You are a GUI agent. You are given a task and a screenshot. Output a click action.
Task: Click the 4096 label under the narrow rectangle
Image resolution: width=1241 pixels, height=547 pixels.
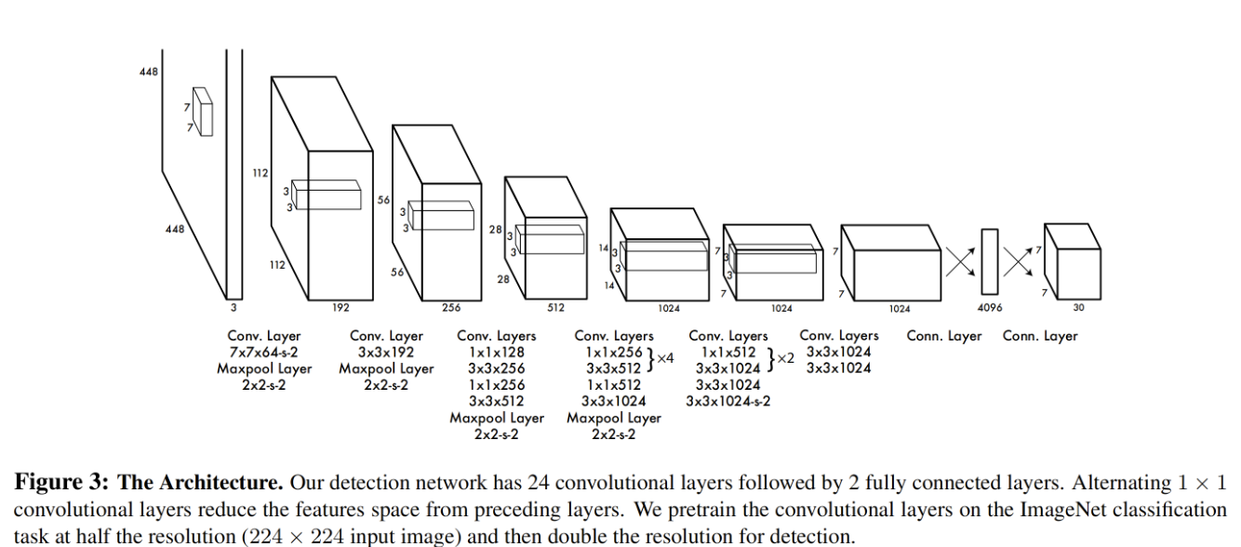(x=989, y=308)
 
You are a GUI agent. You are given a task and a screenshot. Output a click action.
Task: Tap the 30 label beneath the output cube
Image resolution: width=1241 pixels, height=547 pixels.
(x=1078, y=308)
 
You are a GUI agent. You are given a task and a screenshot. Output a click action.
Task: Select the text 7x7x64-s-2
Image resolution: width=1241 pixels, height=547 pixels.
(x=264, y=353)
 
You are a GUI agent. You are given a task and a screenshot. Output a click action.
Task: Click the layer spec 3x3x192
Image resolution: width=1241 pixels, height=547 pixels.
(x=386, y=353)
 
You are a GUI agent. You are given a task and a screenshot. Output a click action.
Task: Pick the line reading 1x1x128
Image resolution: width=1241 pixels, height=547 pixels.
(x=497, y=353)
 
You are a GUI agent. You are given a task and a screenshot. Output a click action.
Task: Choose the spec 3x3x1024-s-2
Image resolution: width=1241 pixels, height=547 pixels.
(x=728, y=401)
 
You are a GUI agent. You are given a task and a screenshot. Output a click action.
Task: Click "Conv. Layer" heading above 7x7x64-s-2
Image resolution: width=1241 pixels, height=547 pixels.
(x=264, y=336)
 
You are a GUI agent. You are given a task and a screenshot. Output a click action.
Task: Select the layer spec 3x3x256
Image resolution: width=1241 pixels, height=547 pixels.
(x=497, y=368)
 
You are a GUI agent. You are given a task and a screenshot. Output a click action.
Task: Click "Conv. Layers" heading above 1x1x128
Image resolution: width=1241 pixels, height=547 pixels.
(x=497, y=336)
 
